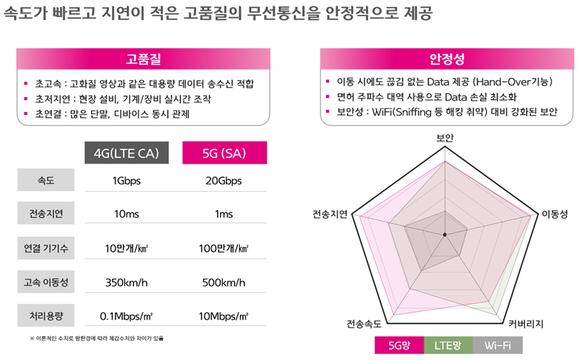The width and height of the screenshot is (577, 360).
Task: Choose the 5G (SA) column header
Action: [224, 153]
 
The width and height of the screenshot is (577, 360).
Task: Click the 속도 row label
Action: [46, 180]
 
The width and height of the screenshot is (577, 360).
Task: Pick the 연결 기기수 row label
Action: [46, 248]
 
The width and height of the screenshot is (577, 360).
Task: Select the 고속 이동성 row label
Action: [46, 282]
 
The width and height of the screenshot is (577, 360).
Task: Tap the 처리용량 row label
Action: [46, 316]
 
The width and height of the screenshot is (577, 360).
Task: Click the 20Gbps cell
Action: [224, 181]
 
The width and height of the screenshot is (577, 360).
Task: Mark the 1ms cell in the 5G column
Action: [224, 215]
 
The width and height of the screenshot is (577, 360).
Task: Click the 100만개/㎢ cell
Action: [224, 249]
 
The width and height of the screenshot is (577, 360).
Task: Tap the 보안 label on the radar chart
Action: [444, 138]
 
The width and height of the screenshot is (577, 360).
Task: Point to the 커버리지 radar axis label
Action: [526, 324]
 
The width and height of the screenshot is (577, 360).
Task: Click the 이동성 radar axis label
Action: [554, 214]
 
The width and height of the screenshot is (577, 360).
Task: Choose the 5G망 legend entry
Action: [400, 345]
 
